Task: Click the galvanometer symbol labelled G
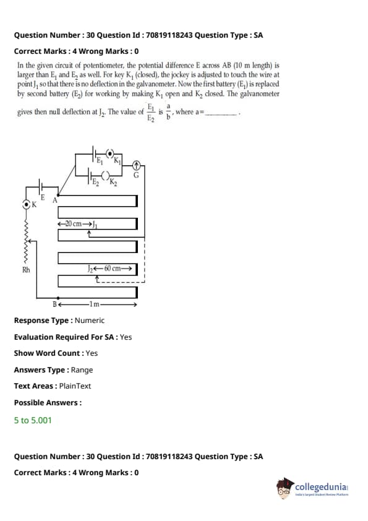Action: pos(136,165)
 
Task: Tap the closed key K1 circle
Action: pos(110,153)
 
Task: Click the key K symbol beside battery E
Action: pos(26,204)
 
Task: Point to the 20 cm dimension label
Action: pos(74,223)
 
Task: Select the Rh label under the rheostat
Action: pos(26,269)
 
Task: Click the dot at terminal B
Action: pos(59,298)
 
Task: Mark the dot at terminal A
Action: pos(59,195)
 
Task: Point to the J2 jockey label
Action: pos(90,269)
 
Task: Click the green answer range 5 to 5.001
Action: pos(33,420)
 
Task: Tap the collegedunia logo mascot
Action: pos(285,488)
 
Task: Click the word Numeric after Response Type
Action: pos(90,321)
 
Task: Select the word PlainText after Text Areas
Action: pos(75,385)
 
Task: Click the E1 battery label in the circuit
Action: pos(100,161)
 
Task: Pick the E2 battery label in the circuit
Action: pos(96,182)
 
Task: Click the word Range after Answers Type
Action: pos(82,370)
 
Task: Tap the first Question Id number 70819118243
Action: pos(169,35)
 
